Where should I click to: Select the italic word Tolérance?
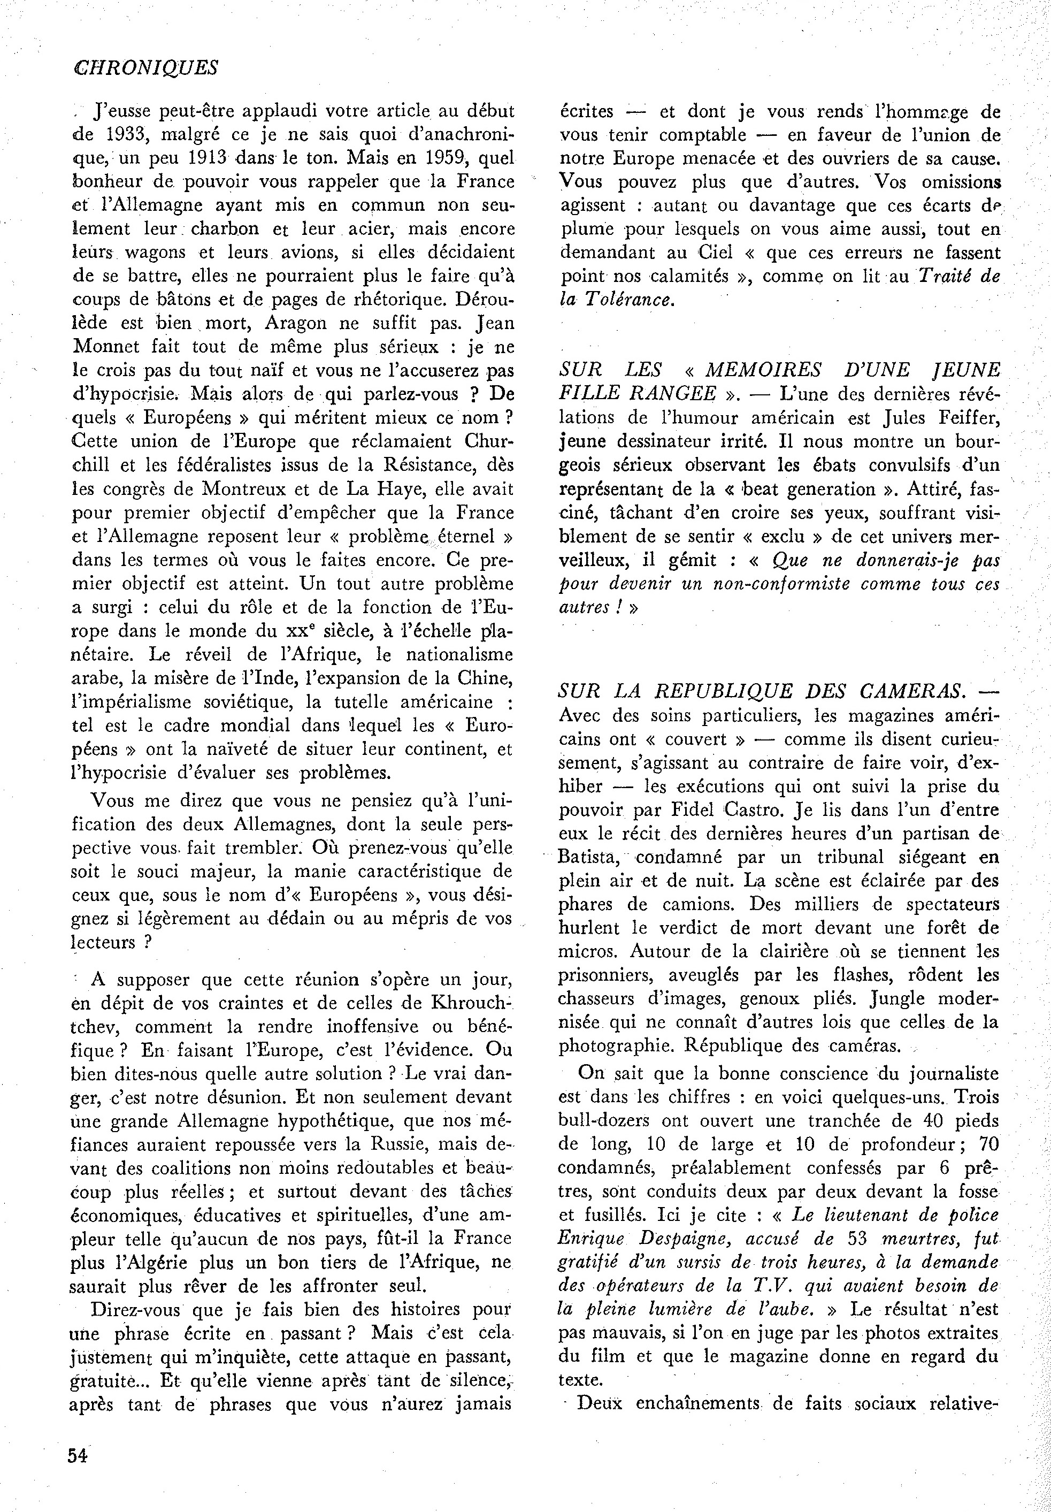[630, 300]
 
